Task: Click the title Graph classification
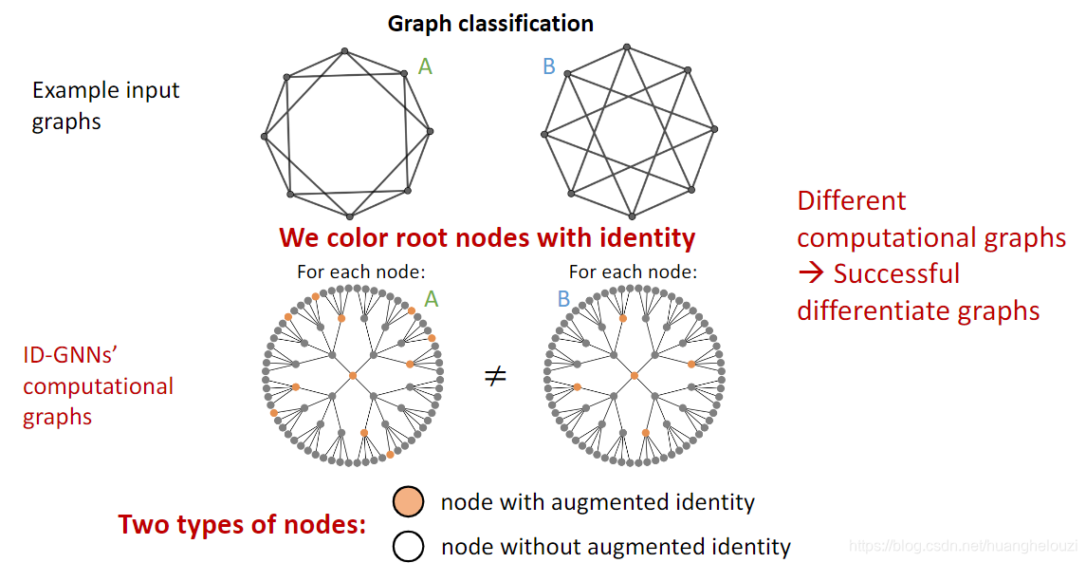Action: point(490,24)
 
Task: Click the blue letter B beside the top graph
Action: point(548,66)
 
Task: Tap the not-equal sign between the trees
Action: point(496,377)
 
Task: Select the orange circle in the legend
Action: point(409,501)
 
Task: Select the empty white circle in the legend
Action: point(409,547)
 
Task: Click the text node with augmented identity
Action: point(598,502)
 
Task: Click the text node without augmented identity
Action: point(616,547)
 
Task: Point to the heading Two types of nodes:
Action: point(242,524)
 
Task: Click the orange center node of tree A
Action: point(352,376)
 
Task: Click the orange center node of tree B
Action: point(635,376)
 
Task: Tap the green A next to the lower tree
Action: point(432,299)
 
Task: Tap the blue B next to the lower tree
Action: point(563,299)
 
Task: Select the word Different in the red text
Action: point(851,201)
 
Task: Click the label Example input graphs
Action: point(105,105)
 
